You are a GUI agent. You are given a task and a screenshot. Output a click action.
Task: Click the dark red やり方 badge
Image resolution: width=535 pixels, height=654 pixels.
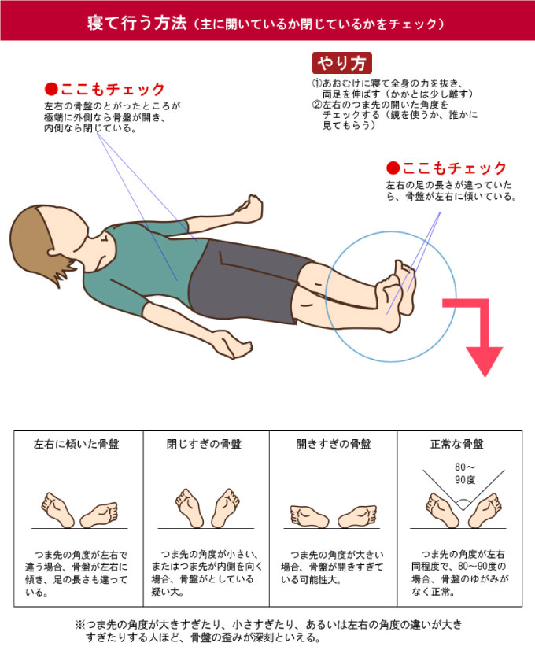pyautogui.click(x=341, y=63)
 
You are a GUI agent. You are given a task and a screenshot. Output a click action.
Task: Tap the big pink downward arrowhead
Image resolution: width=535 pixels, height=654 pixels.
pyautogui.click(x=484, y=360)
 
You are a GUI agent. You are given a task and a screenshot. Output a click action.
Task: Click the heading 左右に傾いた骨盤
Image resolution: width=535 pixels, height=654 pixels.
pyautogui.click(x=77, y=444)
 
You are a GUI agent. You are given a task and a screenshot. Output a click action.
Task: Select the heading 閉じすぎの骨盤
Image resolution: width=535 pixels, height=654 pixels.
pyautogui.click(x=204, y=444)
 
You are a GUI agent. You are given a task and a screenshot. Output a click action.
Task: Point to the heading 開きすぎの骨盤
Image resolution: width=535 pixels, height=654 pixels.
pyautogui.click(x=334, y=444)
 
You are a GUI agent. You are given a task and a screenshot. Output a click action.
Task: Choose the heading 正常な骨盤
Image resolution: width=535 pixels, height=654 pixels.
pyautogui.click(x=457, y=444)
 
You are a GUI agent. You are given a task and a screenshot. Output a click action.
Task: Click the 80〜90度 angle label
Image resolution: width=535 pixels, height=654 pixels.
pyautogui.click(x=465, y=474)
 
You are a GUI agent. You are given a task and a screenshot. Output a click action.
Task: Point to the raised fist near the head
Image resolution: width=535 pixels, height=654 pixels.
pyautogui.click(x=249, y=209)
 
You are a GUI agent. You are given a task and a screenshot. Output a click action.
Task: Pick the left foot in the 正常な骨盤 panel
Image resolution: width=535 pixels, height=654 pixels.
pyautogui.click(x=441, y=510)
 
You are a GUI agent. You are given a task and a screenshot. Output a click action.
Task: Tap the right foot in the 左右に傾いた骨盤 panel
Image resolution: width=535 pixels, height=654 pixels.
pyautogui.click(x=99, y=515)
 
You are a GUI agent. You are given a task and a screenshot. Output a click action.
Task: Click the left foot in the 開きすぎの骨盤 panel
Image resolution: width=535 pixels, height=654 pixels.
pyautogui.click(x=308, y=516)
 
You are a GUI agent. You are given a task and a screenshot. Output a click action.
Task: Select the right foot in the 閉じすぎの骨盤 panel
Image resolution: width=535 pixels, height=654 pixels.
pyautogui.click(x=226, y=508)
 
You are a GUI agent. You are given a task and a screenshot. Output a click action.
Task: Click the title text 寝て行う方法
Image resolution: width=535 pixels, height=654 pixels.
pyautogui.click(x=137, y=23)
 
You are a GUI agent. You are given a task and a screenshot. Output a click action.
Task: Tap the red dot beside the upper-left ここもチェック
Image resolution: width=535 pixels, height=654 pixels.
pyautogui.click(x=51, y=89)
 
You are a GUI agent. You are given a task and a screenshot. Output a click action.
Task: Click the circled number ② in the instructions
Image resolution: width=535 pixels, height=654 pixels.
pyautogui.click(x=317, y=105)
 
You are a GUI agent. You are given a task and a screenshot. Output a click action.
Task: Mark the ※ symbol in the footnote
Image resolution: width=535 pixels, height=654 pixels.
pyautogui.click(x=79, y=625)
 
